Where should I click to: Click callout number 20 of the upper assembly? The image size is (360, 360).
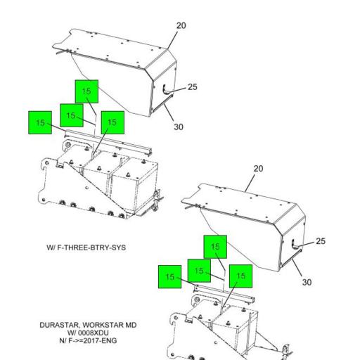[181, 26]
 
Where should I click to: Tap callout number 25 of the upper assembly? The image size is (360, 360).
[192, 87]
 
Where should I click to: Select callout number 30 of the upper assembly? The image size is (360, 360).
[179, 127]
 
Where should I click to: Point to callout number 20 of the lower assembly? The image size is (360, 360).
[258, 169]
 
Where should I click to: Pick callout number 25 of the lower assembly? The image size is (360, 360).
[320, 241]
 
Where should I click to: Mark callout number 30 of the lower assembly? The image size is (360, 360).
[305, 282]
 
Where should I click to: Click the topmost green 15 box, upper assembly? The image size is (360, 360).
[86, 91]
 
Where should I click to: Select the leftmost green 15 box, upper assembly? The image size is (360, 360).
[40, 122]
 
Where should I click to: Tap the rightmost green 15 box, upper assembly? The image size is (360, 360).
[112, 122]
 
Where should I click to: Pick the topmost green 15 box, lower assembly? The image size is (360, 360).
[215, 247]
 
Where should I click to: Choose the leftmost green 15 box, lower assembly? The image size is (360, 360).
[169, 277]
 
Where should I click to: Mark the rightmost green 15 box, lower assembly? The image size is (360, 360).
[240, 276]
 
